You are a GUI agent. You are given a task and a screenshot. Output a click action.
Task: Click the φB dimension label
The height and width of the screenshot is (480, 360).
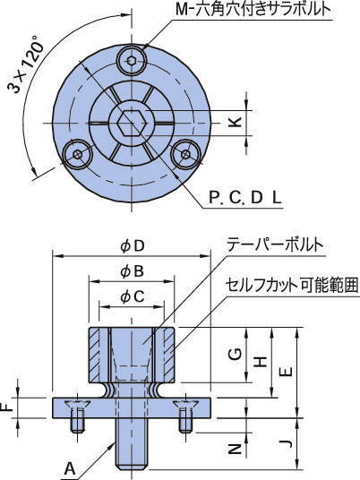pos(133,270)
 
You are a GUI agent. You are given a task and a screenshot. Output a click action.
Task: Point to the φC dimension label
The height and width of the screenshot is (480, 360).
pos(133,296)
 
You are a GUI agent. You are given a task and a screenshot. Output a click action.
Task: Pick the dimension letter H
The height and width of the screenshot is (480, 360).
pos(260,361)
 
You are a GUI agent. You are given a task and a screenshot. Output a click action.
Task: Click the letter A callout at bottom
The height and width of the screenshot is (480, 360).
pos(69,467)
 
